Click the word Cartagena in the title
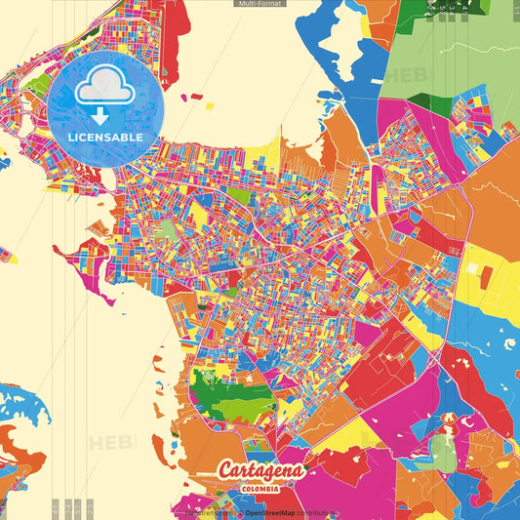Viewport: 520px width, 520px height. pos(261,471)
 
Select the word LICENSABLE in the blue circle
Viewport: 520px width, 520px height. pos(105,138)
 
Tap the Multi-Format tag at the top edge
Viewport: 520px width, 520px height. pos(260,4)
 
